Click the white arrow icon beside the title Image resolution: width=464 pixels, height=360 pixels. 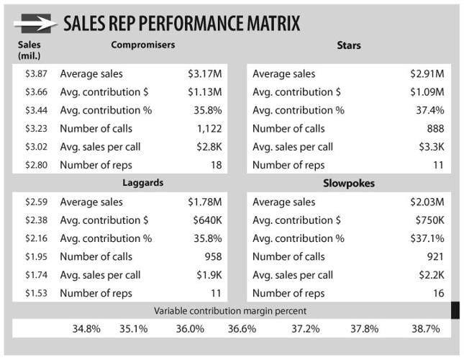pos(35,24)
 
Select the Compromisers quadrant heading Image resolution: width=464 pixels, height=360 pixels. pos(142,45)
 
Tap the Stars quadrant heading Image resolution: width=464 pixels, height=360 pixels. pos(348,45)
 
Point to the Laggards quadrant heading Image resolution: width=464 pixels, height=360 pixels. pos(142,183)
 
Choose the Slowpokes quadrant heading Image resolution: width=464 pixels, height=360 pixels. pos(348,183)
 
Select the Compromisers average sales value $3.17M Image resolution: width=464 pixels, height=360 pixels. pos(204,73)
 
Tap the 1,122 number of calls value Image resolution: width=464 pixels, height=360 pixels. pos(209,129)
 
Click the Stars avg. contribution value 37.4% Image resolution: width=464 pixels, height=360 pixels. pos(429,110)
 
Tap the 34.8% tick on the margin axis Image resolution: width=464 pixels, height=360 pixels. pos(86,328)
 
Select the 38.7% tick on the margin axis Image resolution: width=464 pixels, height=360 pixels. pos(424,328)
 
